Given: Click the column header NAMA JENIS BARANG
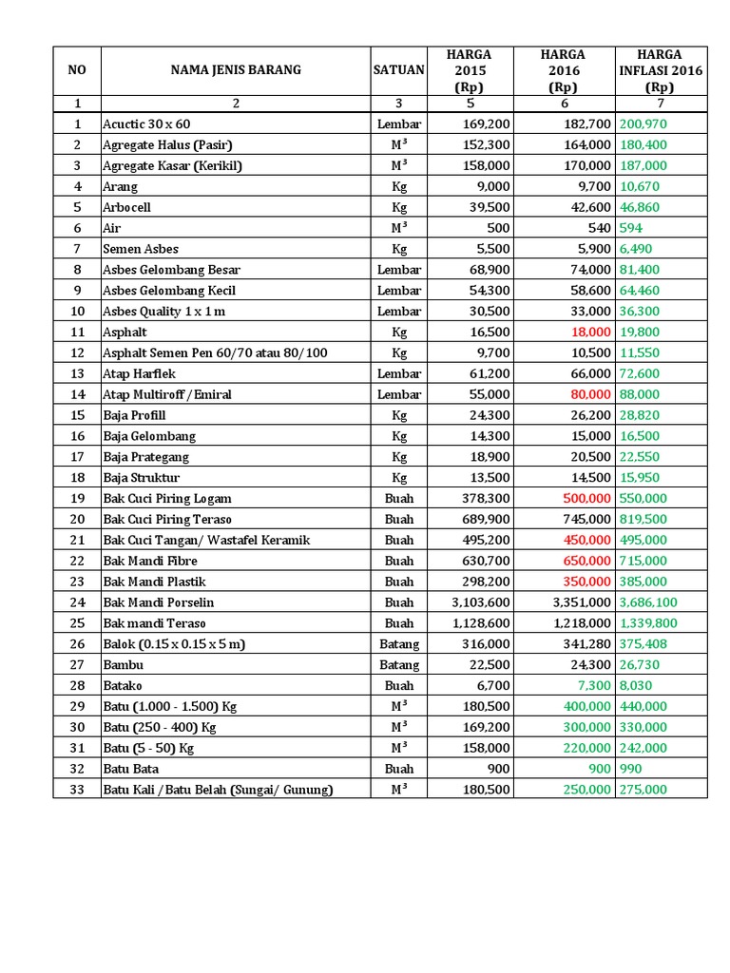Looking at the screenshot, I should pos(236,69).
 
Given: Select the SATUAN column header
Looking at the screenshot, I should pos(399,69).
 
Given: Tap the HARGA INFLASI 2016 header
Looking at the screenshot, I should pos(660,70).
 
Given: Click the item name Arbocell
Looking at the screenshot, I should pos(126,207).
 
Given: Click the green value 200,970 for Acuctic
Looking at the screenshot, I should pos(644,124).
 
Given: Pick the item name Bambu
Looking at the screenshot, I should pos(124,665).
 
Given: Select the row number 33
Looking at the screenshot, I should pos(77,790).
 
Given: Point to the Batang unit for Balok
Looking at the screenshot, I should pos(399,644).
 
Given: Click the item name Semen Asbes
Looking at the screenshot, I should pos(141,249).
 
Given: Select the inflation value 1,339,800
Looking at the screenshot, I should pos(648,623).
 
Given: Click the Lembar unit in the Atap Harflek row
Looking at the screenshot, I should pos(399,373).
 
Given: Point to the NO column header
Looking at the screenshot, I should pos(77,69).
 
